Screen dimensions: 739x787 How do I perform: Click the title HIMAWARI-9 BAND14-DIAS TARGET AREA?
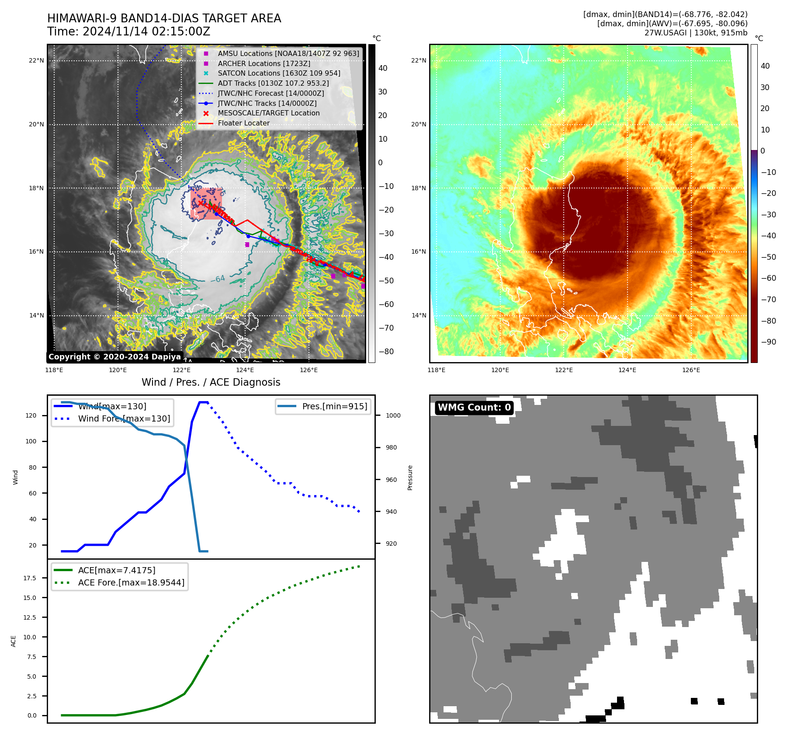[164, 18]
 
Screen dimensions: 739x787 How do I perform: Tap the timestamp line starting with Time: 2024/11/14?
[129, 32]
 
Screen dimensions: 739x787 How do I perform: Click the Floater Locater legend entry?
[243, 123]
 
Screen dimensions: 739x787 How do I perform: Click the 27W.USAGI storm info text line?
[696, 33]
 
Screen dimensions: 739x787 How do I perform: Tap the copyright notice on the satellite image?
[114, 357]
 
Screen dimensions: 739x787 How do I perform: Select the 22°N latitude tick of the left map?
[36, 61]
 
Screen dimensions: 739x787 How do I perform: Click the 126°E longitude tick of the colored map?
[691, 370]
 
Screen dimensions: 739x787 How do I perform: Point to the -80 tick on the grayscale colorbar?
[386, 352]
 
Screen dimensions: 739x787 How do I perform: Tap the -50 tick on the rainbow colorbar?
[768, 257]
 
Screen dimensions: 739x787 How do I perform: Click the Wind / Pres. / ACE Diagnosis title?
[211, 382]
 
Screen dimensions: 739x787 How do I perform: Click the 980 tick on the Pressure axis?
[392, 447]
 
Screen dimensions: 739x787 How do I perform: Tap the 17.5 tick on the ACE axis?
[30, 578]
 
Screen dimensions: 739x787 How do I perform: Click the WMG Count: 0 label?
[474, 408]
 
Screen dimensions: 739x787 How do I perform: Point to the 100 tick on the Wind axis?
[31, 441]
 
